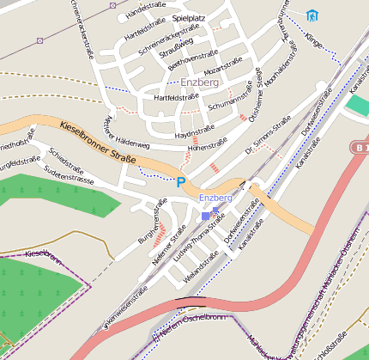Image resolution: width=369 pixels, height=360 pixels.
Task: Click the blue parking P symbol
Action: click(180, 181)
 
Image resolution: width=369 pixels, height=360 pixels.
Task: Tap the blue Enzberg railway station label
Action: click(215, 198)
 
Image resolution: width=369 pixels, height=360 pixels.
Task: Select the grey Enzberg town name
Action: click(200, 82)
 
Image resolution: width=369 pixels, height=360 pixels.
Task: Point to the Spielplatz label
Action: click(189, 17)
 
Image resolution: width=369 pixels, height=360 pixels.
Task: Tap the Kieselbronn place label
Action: click(45, 254)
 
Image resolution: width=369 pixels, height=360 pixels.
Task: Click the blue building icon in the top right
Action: click(311, 15)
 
